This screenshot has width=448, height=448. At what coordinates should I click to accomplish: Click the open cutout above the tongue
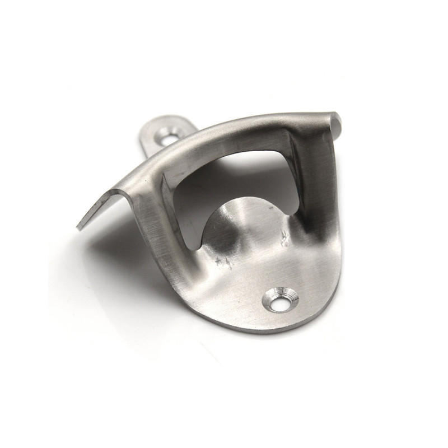click(x=235, y=174)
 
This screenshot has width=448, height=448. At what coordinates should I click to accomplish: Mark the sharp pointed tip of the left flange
click(x=78, y=227)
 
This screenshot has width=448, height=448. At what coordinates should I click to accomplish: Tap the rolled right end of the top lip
click(x=335, y=120)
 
